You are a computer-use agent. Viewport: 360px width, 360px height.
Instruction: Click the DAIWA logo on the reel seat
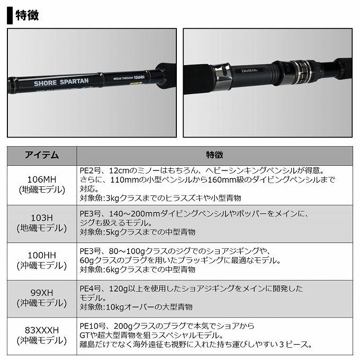click(250, 70)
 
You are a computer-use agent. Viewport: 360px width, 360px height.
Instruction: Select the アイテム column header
click(42, 155)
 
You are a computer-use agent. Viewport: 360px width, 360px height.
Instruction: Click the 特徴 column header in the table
click(214, 155)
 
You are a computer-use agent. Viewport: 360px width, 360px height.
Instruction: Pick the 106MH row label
click(42, 175)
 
